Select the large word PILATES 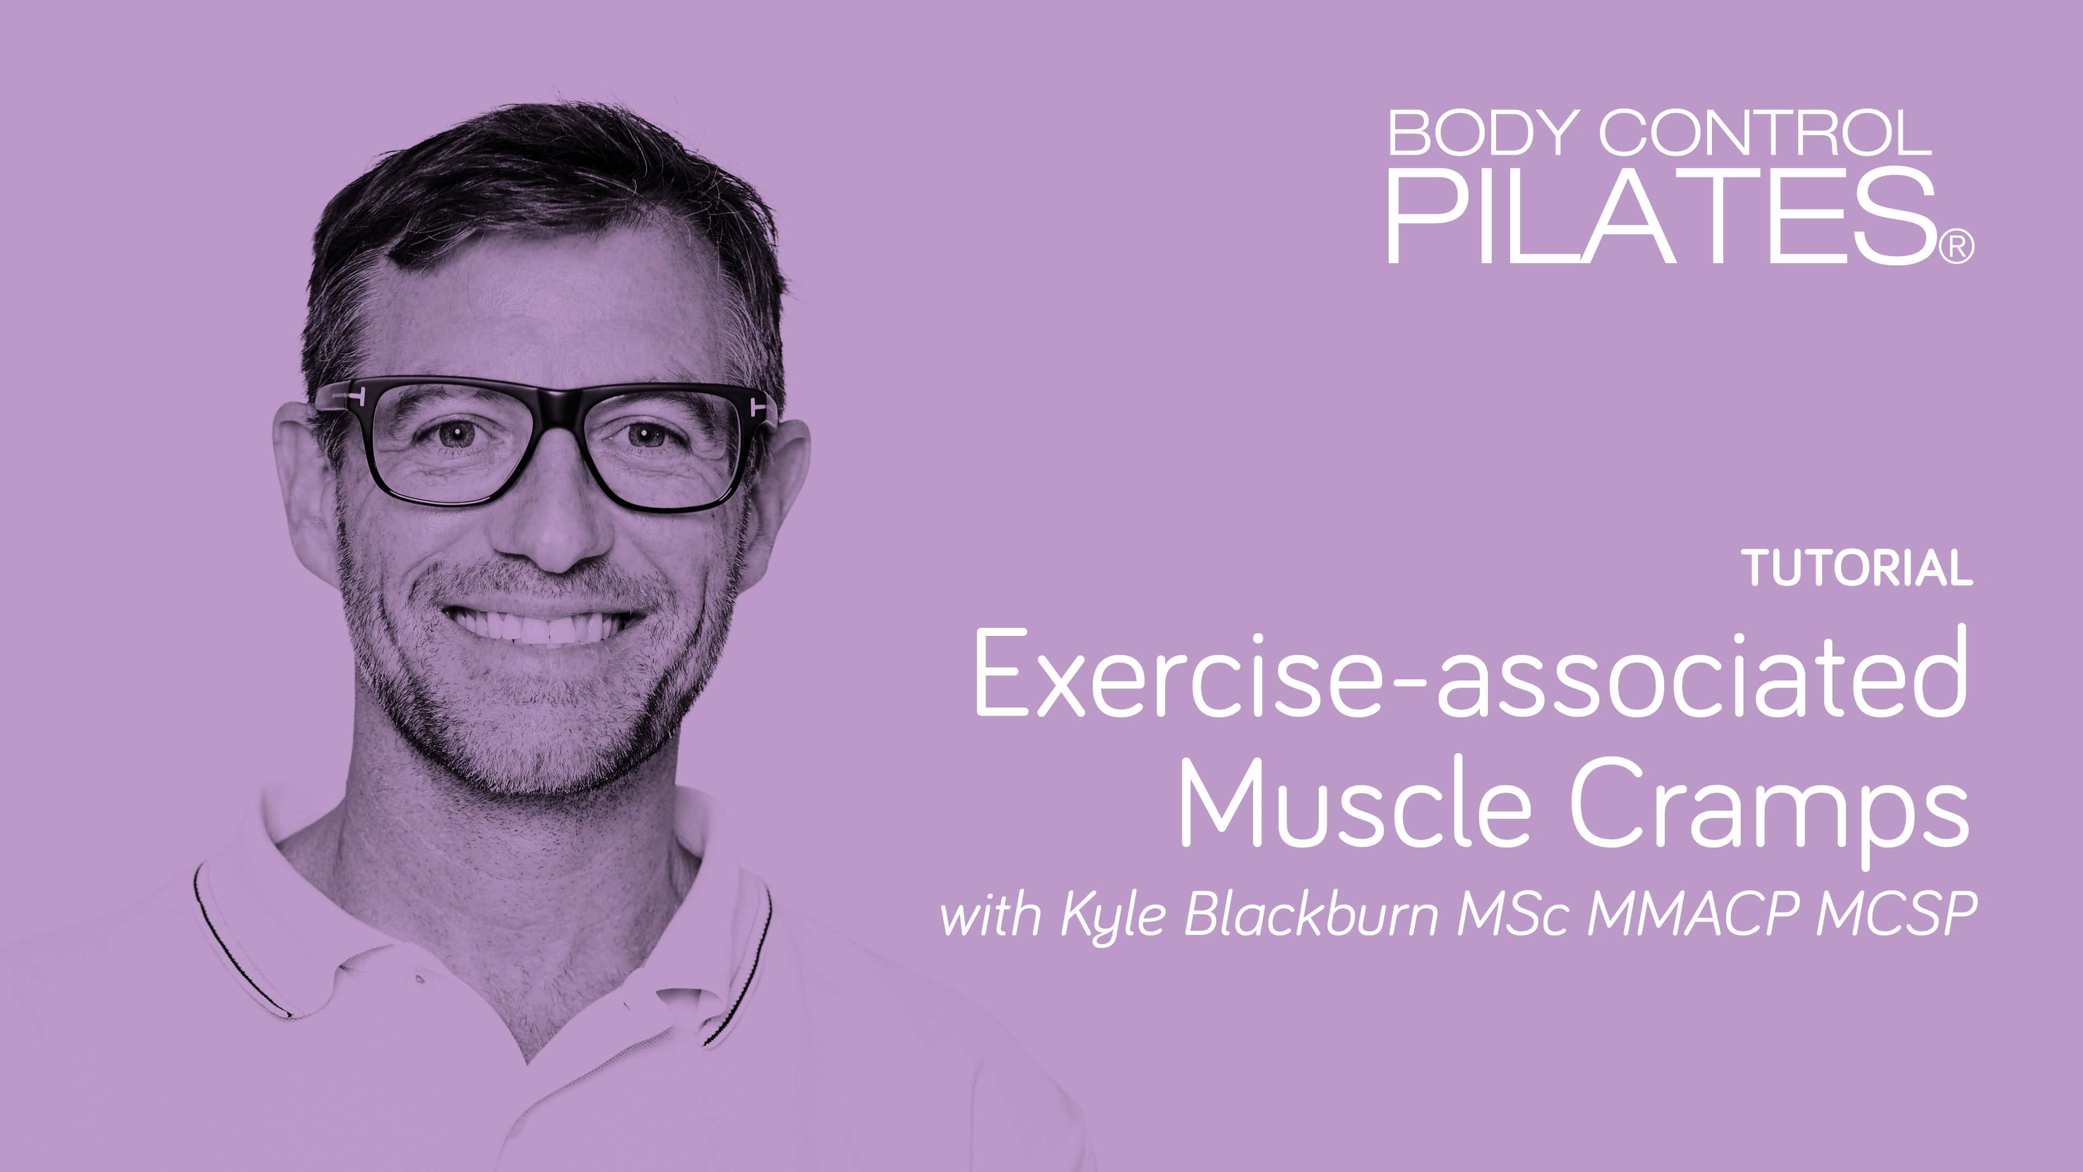click(1661, 217)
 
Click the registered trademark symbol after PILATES click(1957, 247)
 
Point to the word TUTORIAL click(1857, 569)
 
